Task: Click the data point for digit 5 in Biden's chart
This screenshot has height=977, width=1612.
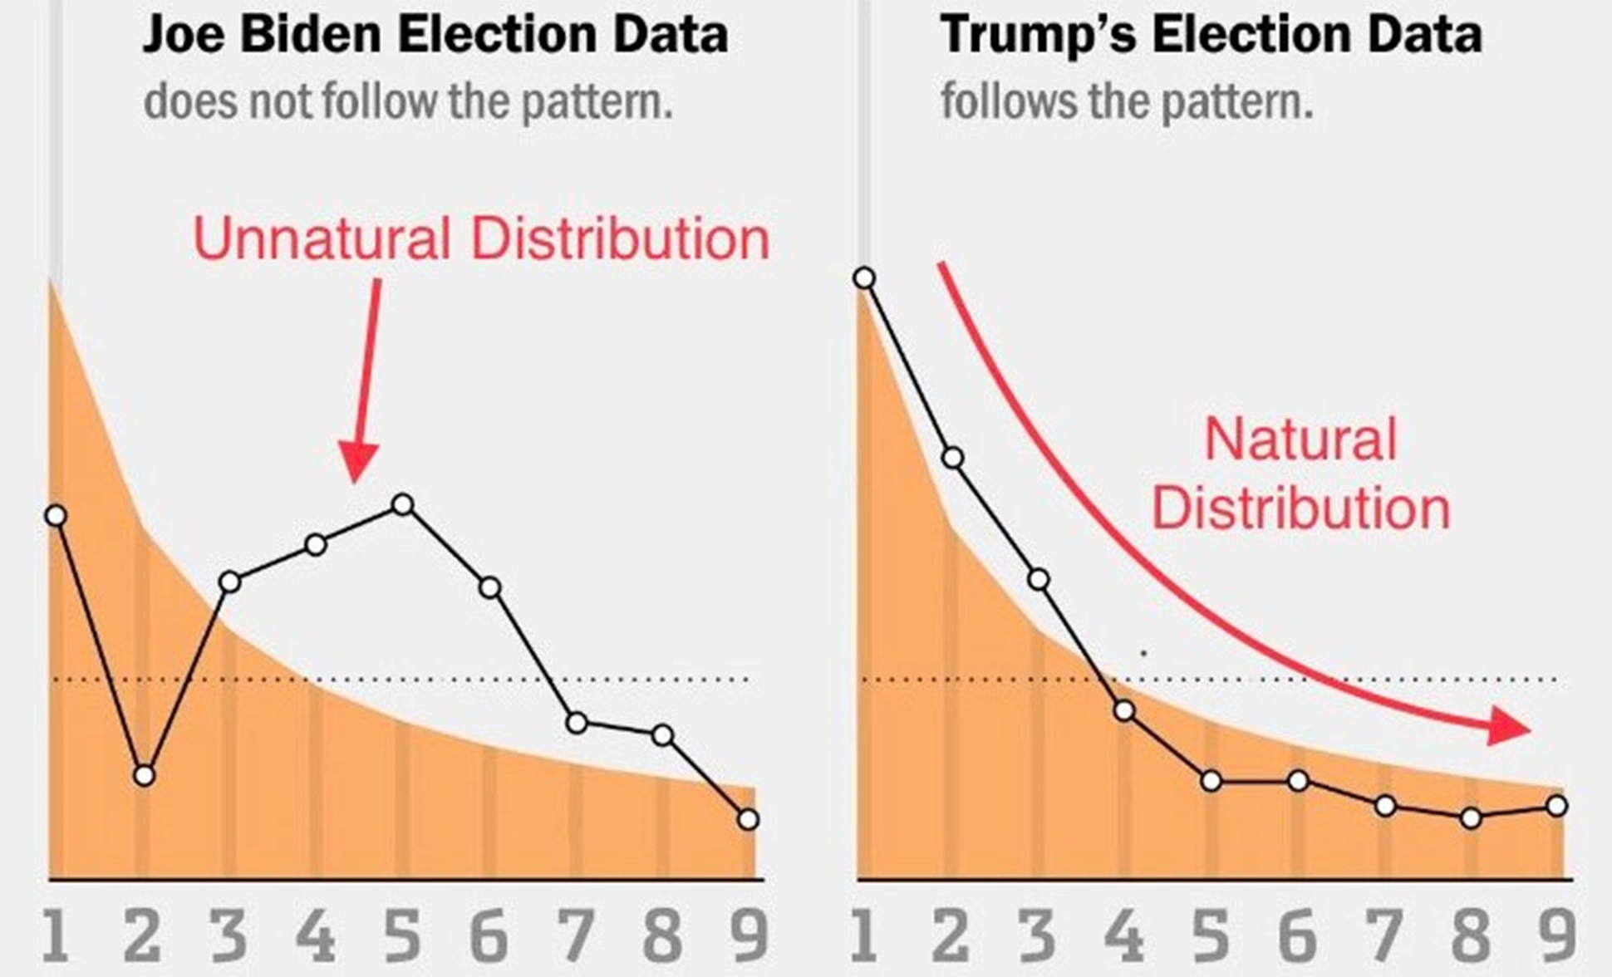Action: tap(403, 504)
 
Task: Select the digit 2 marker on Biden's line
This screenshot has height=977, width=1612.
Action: tap(145, 776)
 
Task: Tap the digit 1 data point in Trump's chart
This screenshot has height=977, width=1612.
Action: tap(864, 277)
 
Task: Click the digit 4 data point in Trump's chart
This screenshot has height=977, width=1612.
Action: tap(1124, 711)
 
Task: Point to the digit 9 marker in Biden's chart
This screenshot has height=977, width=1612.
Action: tap(748, 820)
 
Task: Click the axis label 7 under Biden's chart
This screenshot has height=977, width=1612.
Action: tap(575, 935)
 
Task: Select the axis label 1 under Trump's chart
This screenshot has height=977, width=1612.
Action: tap(864, 935)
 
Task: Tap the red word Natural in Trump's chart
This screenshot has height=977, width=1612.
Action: tap(1300, 440)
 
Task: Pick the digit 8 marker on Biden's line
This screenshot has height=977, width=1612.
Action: tap(662, 735)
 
